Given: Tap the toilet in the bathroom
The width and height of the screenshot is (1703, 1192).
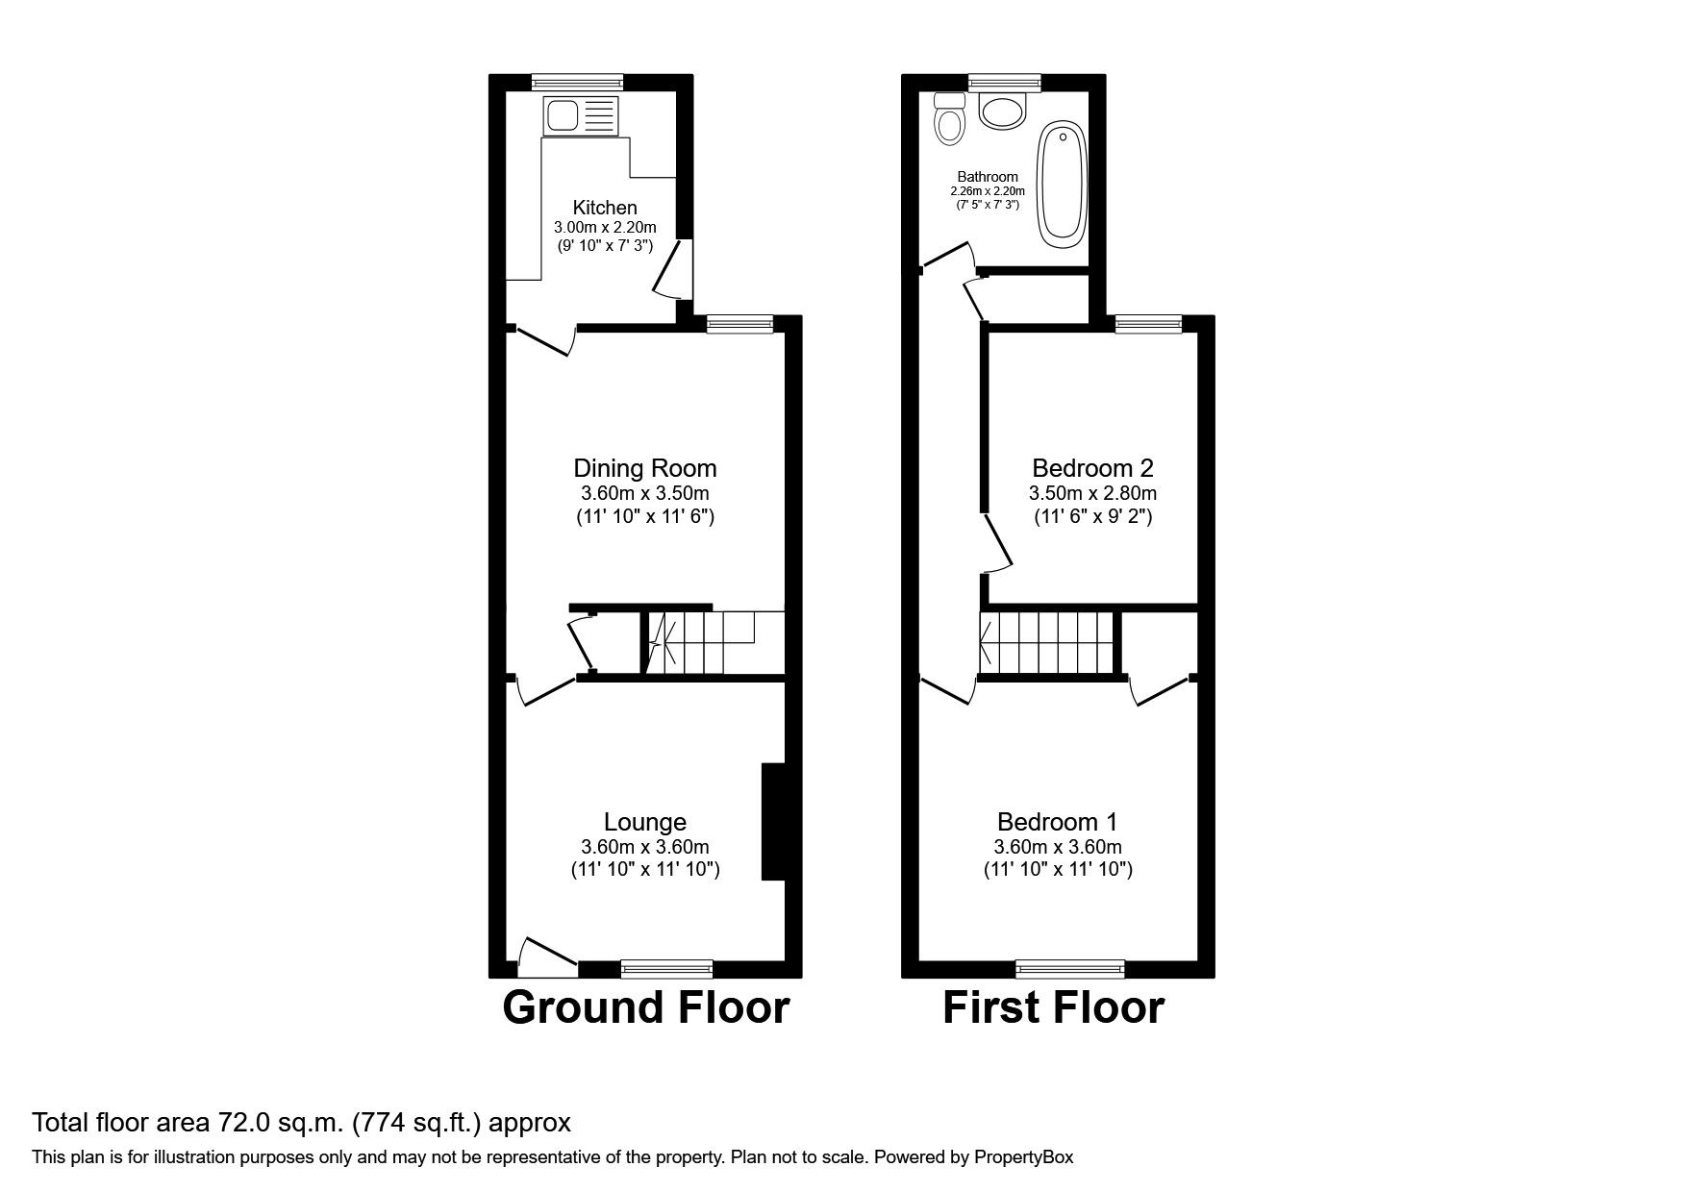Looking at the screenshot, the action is point(948,119).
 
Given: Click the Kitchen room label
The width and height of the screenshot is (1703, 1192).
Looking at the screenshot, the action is point(605,208).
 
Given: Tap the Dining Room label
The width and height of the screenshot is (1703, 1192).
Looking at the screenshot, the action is point(645,468).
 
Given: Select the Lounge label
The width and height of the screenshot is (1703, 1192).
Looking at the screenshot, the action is point(645,822).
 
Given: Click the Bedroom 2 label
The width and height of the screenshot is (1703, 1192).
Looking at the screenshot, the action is point(1092,468).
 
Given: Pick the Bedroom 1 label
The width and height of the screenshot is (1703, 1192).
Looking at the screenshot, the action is point(1058,822).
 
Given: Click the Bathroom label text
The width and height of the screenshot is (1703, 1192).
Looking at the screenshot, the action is point(988,177).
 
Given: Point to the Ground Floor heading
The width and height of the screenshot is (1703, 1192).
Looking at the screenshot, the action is point(646,1007).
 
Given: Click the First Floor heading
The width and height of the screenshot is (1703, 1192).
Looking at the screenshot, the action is point(1053,1007).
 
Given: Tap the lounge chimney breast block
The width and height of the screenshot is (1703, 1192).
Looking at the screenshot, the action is point(774,822).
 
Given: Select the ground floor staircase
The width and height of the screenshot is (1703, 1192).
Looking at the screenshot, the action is point(714,642).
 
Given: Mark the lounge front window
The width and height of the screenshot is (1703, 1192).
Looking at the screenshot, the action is point(666,968).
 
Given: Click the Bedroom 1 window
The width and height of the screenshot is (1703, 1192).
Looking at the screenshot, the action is point(1070,968).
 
